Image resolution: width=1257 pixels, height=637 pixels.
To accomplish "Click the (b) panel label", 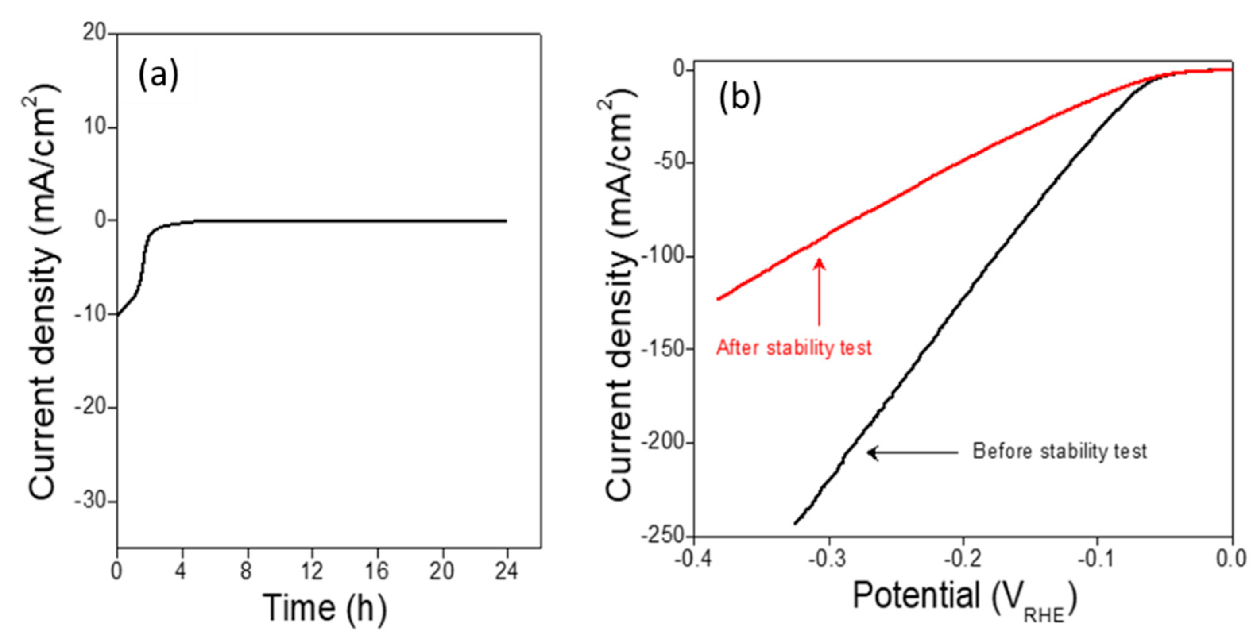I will [740, 98].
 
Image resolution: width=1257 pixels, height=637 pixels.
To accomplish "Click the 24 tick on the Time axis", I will [507, 571].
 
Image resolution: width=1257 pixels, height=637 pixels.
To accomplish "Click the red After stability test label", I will [794, 348].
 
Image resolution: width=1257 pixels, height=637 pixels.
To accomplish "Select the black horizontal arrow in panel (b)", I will [913, 453].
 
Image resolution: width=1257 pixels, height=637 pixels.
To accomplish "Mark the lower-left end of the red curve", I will [718, 299].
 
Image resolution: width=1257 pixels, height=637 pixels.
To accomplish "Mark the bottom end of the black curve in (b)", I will [795, 524].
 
